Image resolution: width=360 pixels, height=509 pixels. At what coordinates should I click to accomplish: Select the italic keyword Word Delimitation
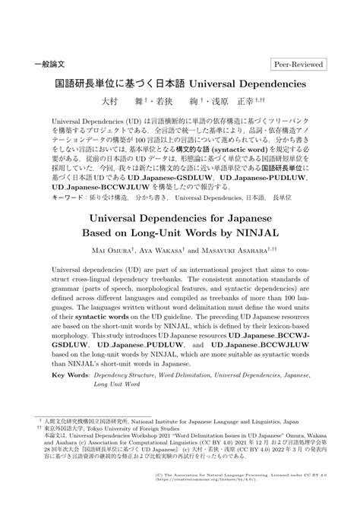tap(200, 375)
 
